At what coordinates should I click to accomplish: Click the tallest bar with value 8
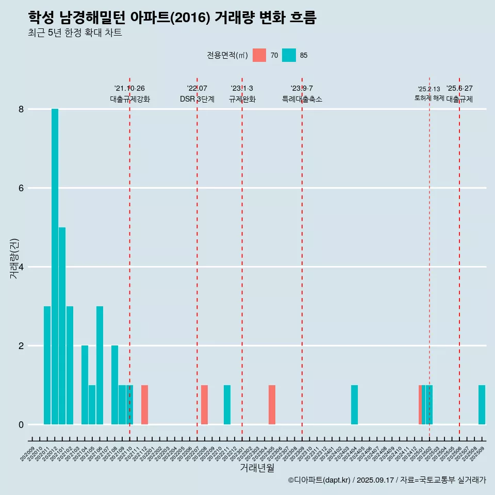55,267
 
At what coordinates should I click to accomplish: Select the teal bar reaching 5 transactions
62,326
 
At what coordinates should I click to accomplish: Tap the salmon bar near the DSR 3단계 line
204,405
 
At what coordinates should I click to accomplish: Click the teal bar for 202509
482,405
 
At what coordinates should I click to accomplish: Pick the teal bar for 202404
354,405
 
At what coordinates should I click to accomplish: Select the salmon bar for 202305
272,405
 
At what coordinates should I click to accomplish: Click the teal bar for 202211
227,405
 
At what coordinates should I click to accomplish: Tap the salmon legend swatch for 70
259,55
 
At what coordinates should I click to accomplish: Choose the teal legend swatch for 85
289,55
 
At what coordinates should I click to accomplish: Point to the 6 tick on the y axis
22,188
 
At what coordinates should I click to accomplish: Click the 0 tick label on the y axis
22,425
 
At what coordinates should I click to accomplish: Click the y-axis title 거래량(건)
14,258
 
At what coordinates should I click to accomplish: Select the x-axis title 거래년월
257,468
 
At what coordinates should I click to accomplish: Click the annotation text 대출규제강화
130,100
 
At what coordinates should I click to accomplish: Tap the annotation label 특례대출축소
302,100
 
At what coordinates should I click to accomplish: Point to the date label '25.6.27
459,89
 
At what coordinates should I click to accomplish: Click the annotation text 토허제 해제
429,98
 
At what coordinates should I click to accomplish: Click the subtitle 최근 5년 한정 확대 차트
75,33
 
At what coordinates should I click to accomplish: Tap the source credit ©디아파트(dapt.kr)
319,480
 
